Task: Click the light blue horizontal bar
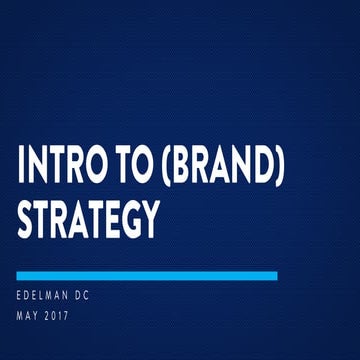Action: coord(148,275)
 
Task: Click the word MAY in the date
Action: coord(29,318)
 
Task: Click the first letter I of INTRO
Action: coord(21,168)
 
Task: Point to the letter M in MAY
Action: coord(21,318)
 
